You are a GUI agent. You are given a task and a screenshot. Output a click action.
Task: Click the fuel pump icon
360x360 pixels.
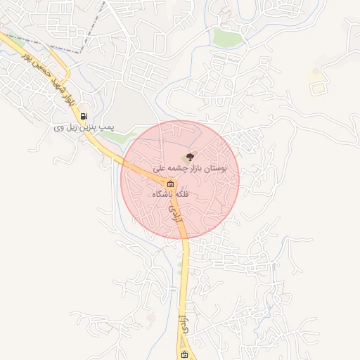(x=84, y=117)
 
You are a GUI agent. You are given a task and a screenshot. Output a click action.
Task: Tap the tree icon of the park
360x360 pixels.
(x=189, y=157)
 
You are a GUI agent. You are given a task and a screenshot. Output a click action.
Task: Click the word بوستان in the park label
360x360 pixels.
(x=224, y=169)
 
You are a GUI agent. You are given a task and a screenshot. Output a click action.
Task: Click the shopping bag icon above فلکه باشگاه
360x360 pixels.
(x=171, y=184)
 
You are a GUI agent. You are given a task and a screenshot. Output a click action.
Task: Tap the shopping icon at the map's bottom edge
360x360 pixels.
(x=184, y=355)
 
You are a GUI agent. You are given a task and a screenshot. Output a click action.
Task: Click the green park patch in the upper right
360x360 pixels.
(x=229, y=37)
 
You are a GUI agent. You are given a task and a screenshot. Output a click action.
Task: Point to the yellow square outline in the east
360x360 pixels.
(x=318, y=89)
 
